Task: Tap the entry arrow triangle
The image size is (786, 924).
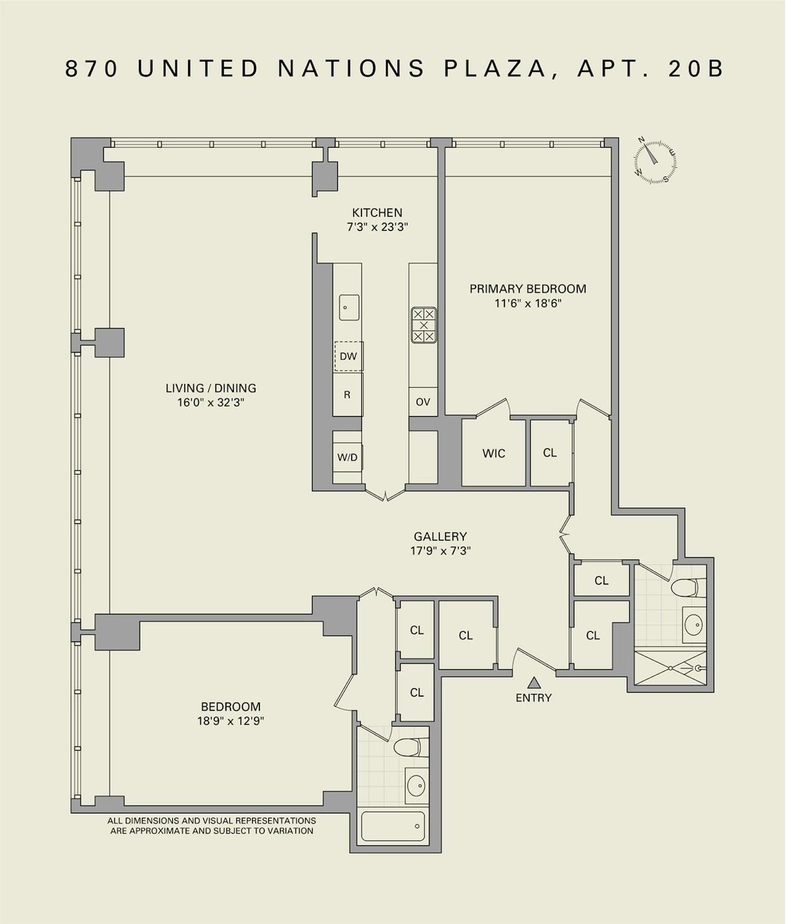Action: pos(534,682)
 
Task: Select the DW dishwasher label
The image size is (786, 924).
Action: pos(348,356)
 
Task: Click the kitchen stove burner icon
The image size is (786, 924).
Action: pos(423,325)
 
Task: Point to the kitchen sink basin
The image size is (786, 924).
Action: pos(348,307)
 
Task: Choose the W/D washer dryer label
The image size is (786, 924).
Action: pos(347,457)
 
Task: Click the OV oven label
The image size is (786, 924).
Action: pos(423,402)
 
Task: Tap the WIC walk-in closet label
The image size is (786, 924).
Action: pos(494,453)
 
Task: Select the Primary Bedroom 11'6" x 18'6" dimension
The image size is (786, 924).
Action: pos(527,304)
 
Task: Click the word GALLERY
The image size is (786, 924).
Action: pos(440,536)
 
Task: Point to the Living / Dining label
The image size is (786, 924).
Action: pos(211,388)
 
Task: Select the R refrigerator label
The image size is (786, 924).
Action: pos(347,395)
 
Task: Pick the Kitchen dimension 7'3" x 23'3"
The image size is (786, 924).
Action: pos(378,227)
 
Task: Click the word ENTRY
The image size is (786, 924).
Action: pos(533,698)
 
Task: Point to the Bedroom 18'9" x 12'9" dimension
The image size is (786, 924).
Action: pos(231,721)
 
